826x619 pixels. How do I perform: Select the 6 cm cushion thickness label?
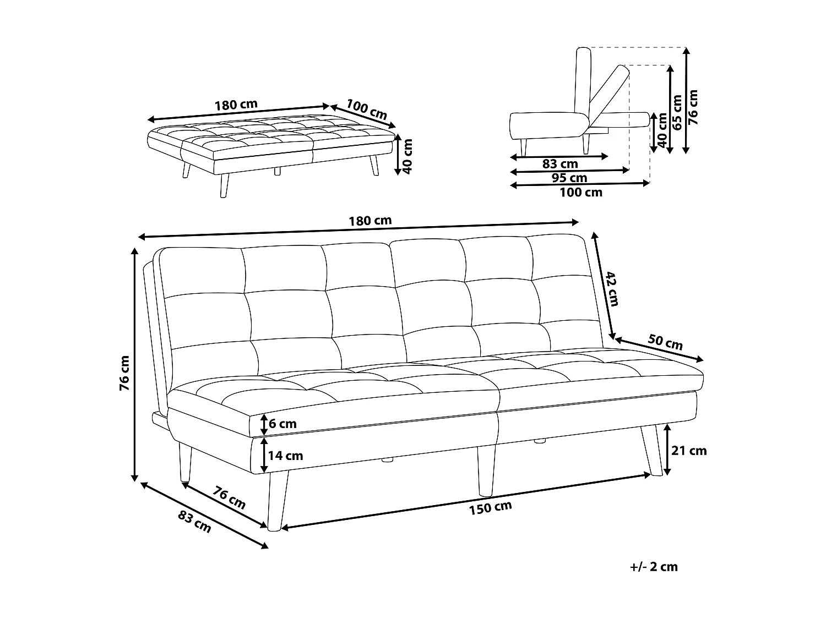coord(283,424)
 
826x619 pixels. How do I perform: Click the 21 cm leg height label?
coord(689,451)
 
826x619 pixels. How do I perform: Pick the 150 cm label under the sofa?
coord(490,507)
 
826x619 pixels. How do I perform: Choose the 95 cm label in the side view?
coord(569,178)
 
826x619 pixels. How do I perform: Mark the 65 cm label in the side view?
coord(677,112)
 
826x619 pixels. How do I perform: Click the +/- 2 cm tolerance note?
coord(654,567)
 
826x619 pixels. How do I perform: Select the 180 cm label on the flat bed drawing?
coord(236,104)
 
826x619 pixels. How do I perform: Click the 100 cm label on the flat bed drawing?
coord(367,109)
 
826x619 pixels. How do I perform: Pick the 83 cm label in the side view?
coord(560,163)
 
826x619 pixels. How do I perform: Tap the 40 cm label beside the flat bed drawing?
coord(407,156)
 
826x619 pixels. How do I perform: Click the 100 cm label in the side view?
coord(580,193)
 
